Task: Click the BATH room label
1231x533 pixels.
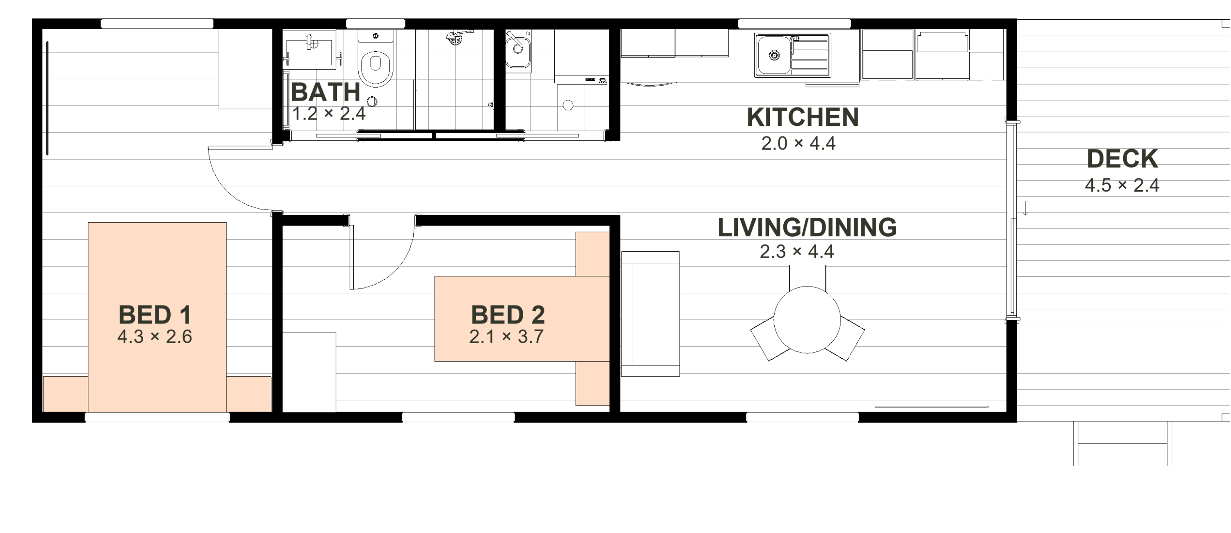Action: tap(325, 92)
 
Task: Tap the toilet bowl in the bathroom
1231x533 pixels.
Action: tap(375, 67)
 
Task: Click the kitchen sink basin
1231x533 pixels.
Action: tap(773, 55)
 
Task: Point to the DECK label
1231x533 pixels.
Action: tap(1122, 159)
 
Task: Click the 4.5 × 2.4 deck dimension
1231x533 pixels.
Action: tap(1121, 185)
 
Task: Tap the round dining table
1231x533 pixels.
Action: tap(807, 319)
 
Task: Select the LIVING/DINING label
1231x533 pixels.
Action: tap(807, 227)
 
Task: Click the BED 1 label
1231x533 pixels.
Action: tap(155, 315)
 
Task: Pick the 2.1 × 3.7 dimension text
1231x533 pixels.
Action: tap(506, 337)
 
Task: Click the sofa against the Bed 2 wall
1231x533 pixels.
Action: tap(650, 314)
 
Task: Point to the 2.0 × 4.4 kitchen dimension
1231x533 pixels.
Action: tap(798, 143)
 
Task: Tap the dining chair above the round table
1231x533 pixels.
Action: tap(807, 276)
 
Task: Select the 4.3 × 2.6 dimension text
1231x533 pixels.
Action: tap(154, 337)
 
